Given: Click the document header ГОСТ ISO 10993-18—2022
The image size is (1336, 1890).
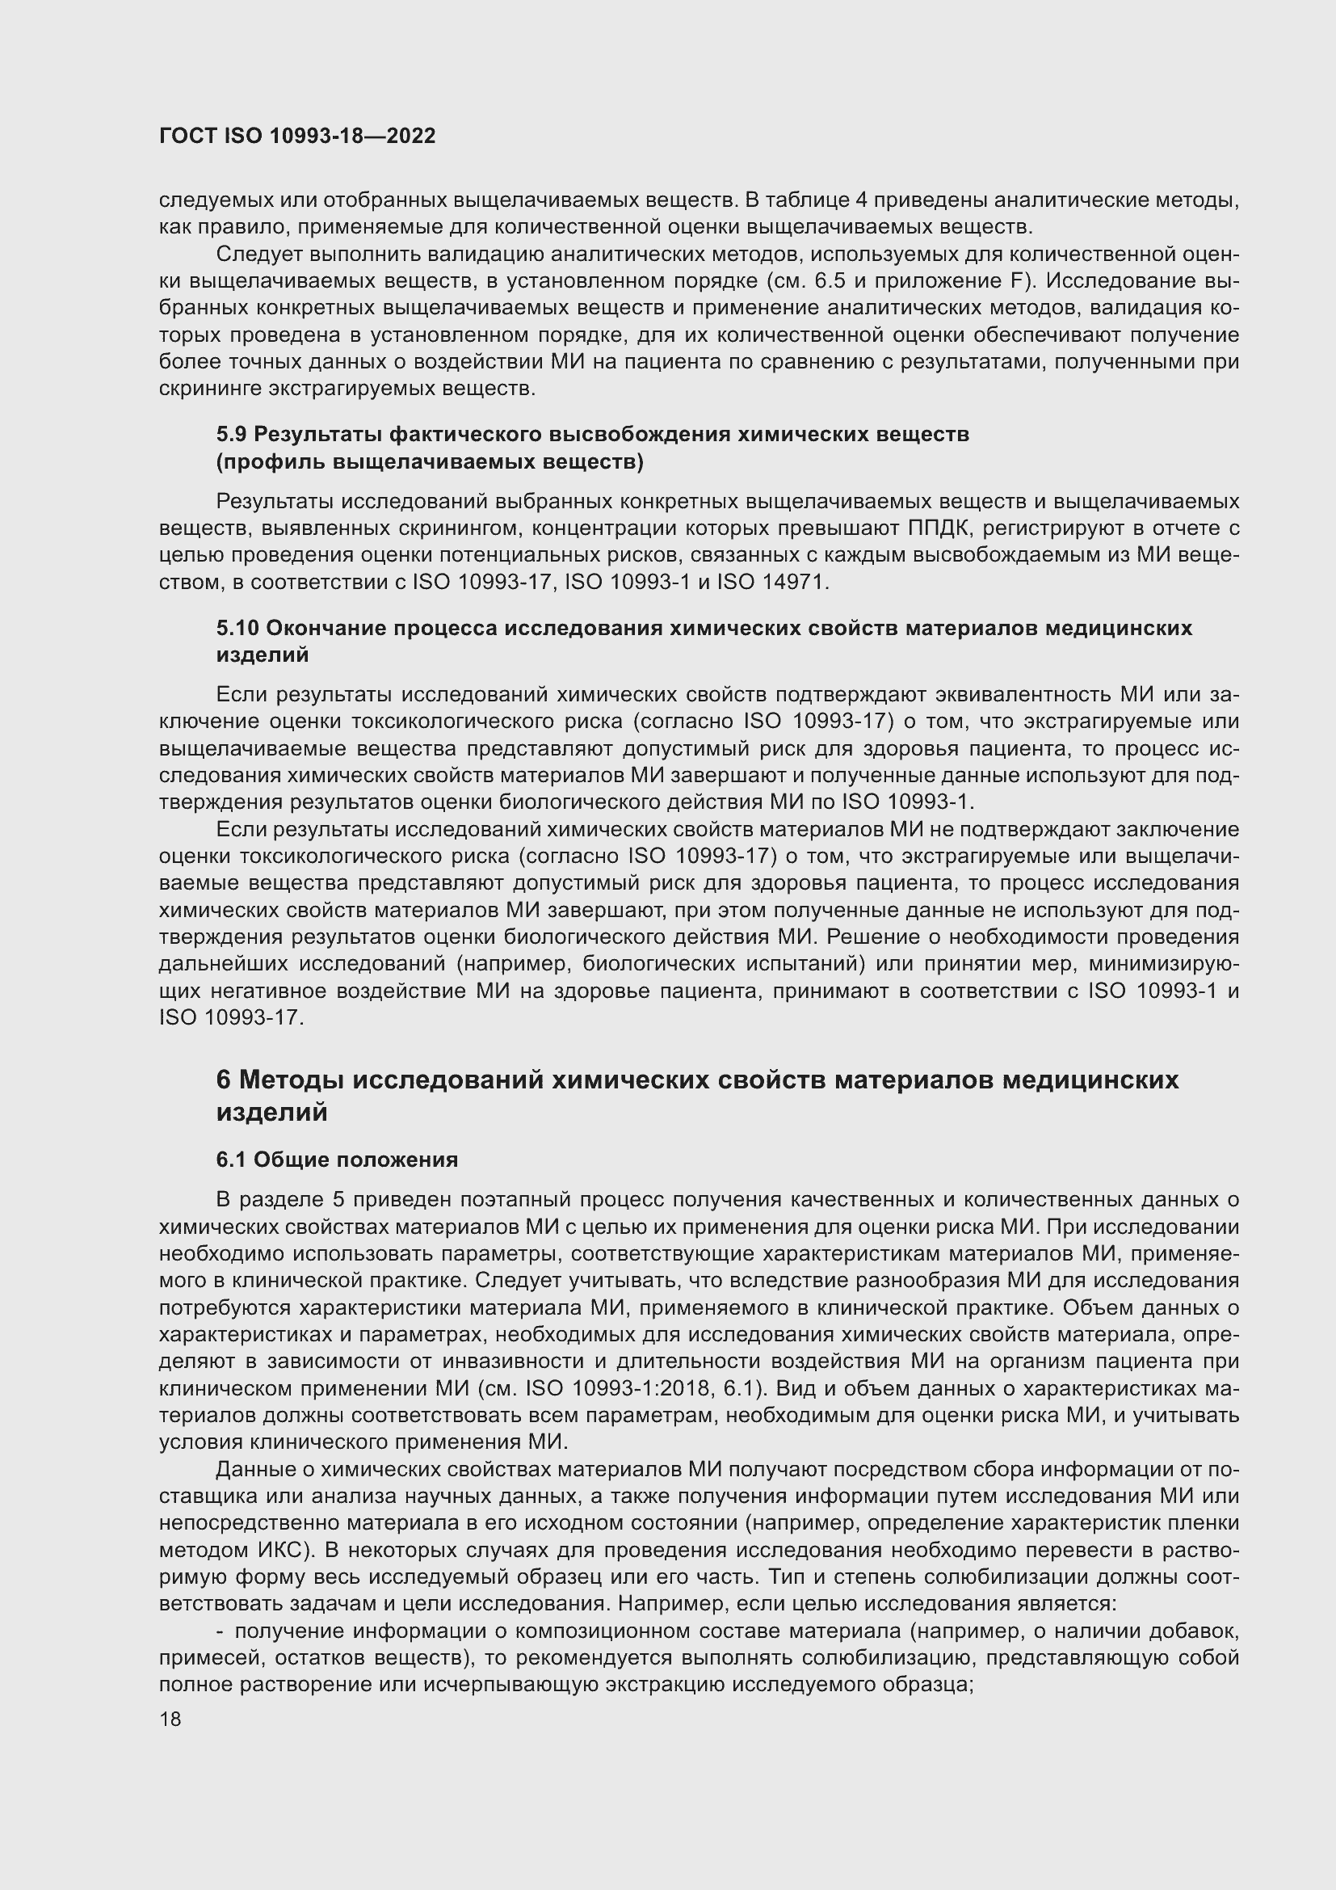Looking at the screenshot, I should pos(297,136).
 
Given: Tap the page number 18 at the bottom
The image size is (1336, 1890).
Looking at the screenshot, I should pos(170,1718).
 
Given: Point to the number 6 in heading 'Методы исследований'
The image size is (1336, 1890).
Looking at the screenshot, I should pos(224,1080).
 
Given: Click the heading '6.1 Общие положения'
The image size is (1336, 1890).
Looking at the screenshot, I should pos(338,1159).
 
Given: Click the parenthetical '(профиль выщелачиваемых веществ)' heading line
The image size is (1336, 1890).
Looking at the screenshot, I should pos(430,462).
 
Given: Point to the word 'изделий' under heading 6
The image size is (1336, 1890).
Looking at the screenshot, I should pos(271,1112).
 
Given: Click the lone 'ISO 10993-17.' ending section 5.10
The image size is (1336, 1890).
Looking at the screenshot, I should pos(231,1017).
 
